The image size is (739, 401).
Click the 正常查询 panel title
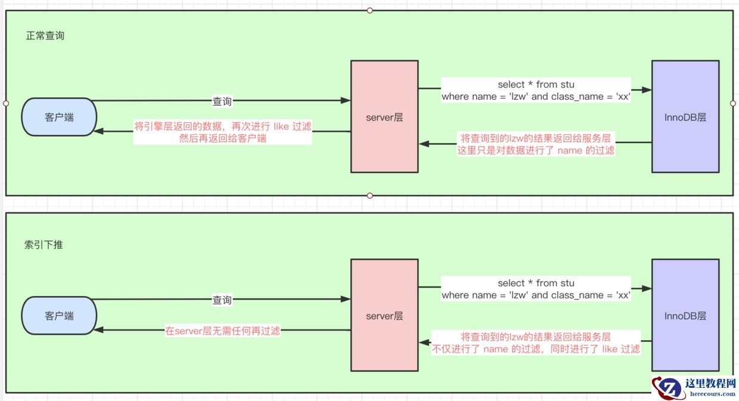click(x=45, y=36)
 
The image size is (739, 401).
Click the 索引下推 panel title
click(x=44, y=245)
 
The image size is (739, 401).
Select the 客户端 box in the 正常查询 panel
click(x=59, y=117)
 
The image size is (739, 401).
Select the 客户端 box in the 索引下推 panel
click(x=59, y=316)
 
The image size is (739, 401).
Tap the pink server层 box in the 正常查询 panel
click(x=384, y=117)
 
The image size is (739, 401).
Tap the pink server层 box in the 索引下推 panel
click(x=384, y=316)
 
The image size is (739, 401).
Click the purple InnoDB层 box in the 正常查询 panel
click(x=685, y=117)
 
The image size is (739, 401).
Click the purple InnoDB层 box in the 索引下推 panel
click(x=685, y=316)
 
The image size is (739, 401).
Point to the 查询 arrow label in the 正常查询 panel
click(x=222, y=102)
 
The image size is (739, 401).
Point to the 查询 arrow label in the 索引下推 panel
click(x=222, y=300)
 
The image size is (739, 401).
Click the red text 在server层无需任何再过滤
click(x=223, y=331)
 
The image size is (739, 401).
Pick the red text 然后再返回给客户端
click(x=223, y=138)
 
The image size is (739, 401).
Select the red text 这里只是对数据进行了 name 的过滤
click(x=536, y=150)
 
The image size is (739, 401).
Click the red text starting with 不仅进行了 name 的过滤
click(x=536, y=349)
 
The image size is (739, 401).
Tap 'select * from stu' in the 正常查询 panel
click(x=536, y=85)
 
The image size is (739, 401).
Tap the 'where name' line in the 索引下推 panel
click(x=536, y=295)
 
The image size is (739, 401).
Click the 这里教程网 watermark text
click(x=711, y=383)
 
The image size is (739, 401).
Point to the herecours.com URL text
click(x=712, y=393)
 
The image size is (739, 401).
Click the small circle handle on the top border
click(x=370, y=10)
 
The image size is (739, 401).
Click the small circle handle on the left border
click(x=6, y=103)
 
